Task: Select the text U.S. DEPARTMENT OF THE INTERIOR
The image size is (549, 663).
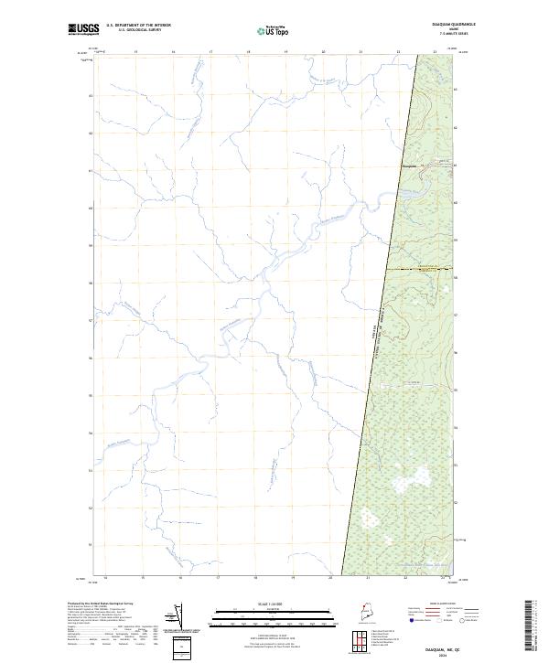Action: [138, 26]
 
